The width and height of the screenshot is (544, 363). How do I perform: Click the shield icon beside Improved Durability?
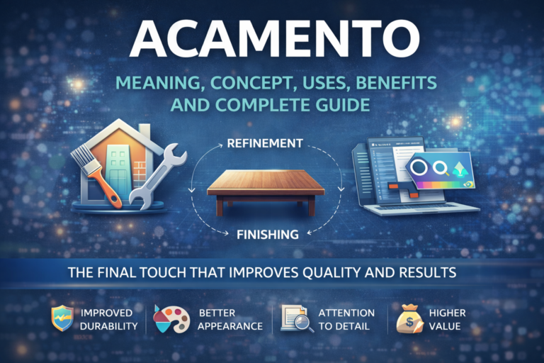[x=62, y=319]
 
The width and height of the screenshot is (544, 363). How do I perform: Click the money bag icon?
[x=407, y=319]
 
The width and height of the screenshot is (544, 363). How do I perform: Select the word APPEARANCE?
[x=231, y=326]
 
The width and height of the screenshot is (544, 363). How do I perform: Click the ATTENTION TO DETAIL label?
[x=348, y=319]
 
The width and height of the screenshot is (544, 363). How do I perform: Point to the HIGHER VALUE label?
[x=448, y=319]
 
